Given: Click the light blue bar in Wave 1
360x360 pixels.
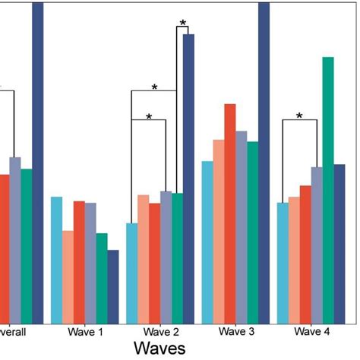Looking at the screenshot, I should [x=56, y=259].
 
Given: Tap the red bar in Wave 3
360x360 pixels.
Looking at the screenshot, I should [x=230, y=213].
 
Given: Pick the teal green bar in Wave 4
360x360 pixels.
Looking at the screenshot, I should [x=328, y=190].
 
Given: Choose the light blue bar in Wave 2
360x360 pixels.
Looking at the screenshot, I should [x=131, y=273].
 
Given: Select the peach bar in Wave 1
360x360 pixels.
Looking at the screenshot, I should [x=68, y=276].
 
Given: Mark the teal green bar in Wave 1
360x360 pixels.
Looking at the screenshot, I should [x=102, y=277].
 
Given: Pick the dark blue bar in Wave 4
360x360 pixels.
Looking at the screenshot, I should [x=339, y=243].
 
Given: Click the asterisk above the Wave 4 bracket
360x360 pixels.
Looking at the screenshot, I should [x=299, y=116].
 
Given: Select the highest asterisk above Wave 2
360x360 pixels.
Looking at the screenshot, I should [x=182, y=24].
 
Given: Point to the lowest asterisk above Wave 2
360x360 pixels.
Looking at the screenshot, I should [x=149, y=118].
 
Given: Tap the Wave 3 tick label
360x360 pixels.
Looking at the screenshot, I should [x=236, y=332].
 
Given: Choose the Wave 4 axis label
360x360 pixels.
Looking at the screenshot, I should [x=311, y=332].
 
